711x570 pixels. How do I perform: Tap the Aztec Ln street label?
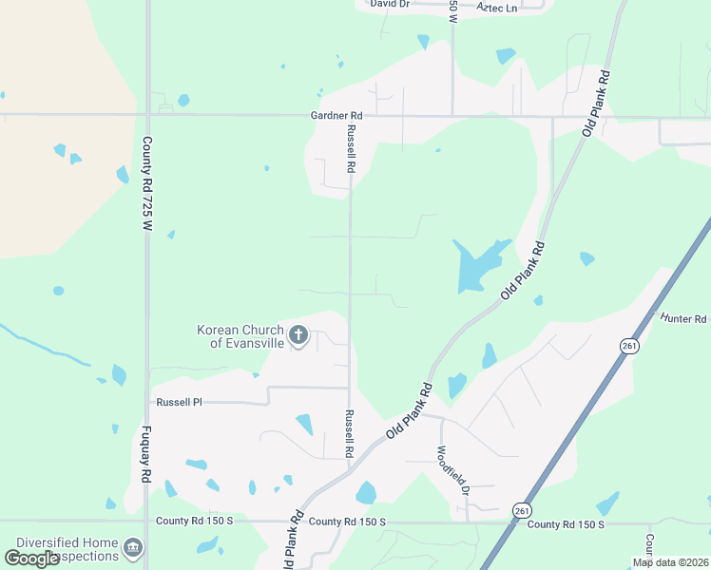(496, 9)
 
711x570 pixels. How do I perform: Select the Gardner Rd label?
(337, 115)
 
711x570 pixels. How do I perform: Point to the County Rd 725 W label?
(147, 185)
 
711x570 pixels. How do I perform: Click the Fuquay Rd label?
(147, 456)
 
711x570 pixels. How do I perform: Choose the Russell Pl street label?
(180, 402)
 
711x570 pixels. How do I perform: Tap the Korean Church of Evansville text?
(240, 336)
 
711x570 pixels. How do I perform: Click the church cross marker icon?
(298, 334)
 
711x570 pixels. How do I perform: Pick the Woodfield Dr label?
(453, 471)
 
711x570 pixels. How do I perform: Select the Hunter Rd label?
(685, 319)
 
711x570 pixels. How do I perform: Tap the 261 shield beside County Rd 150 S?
(521, 509)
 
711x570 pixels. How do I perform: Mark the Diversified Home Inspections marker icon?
(133, 548)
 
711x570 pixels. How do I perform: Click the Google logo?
(32, 559)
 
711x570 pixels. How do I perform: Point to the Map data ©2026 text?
(670, 562)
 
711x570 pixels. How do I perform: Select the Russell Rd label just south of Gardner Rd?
(351, 148)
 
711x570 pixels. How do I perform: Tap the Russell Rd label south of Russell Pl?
(350, 433)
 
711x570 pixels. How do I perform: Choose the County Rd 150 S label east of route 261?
(566, 524)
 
